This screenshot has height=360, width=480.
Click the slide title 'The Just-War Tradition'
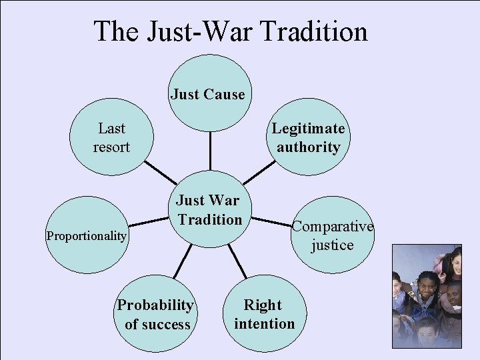230,31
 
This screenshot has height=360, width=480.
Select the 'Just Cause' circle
207,94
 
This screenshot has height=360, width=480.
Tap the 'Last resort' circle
111,137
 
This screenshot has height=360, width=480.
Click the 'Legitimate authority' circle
308,137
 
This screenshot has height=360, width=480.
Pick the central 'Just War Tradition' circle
209,209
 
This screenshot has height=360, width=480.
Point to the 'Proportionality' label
87,236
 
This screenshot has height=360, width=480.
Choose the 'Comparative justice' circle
332,235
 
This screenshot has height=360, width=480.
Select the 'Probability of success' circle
156,315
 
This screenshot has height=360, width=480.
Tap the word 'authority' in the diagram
308,146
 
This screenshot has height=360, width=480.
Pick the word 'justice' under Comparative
332,245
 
